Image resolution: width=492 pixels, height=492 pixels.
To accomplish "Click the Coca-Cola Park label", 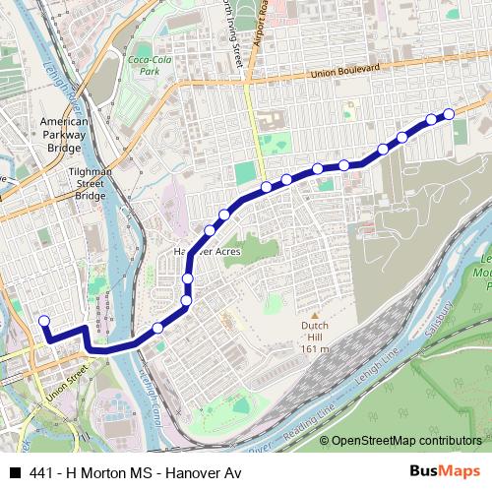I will [x=144, y=65].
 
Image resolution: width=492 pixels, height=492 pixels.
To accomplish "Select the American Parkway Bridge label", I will [x=65, y=133].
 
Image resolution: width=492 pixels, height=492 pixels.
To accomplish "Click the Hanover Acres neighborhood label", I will [x=207, y=250].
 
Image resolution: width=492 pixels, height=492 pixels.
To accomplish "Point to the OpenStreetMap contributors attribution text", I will [x=406, y=441].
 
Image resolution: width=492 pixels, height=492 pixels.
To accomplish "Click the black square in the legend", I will [x=13, y=472].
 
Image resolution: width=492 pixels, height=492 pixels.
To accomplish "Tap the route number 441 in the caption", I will [x=40, y=472].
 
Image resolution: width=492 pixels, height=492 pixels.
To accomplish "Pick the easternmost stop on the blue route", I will [x=450, y=114].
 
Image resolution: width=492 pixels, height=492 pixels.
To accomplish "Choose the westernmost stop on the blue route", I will [x=42, y=320].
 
